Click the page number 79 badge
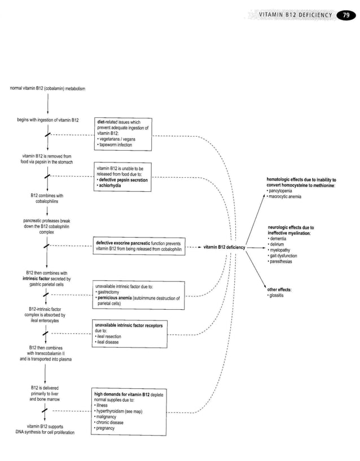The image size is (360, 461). (x=344, y=15)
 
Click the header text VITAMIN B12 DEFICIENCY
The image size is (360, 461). (x=296, y=15)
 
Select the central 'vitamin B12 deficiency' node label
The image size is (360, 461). (x=223, y=247)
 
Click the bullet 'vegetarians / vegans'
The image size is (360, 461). (x=118, y=139)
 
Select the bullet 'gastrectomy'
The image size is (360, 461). (x=110, y=292)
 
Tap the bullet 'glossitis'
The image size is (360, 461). (x=278, y=296)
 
